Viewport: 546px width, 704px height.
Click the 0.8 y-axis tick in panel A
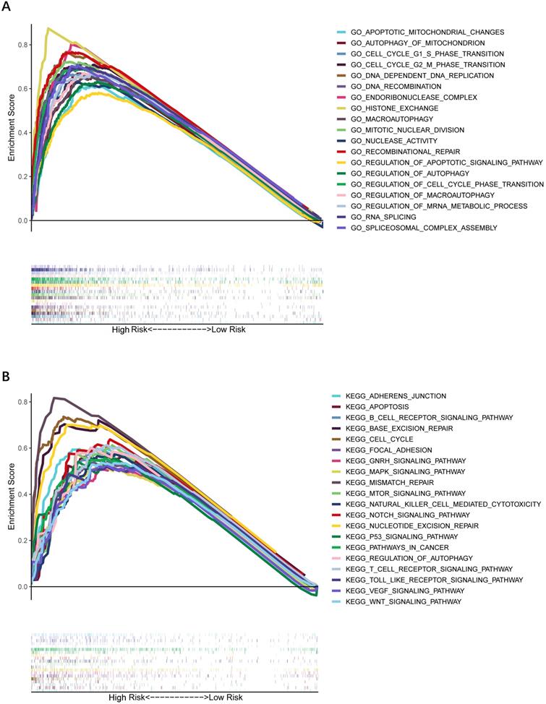point(22,45)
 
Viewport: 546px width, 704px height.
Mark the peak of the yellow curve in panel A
point(48,28)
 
